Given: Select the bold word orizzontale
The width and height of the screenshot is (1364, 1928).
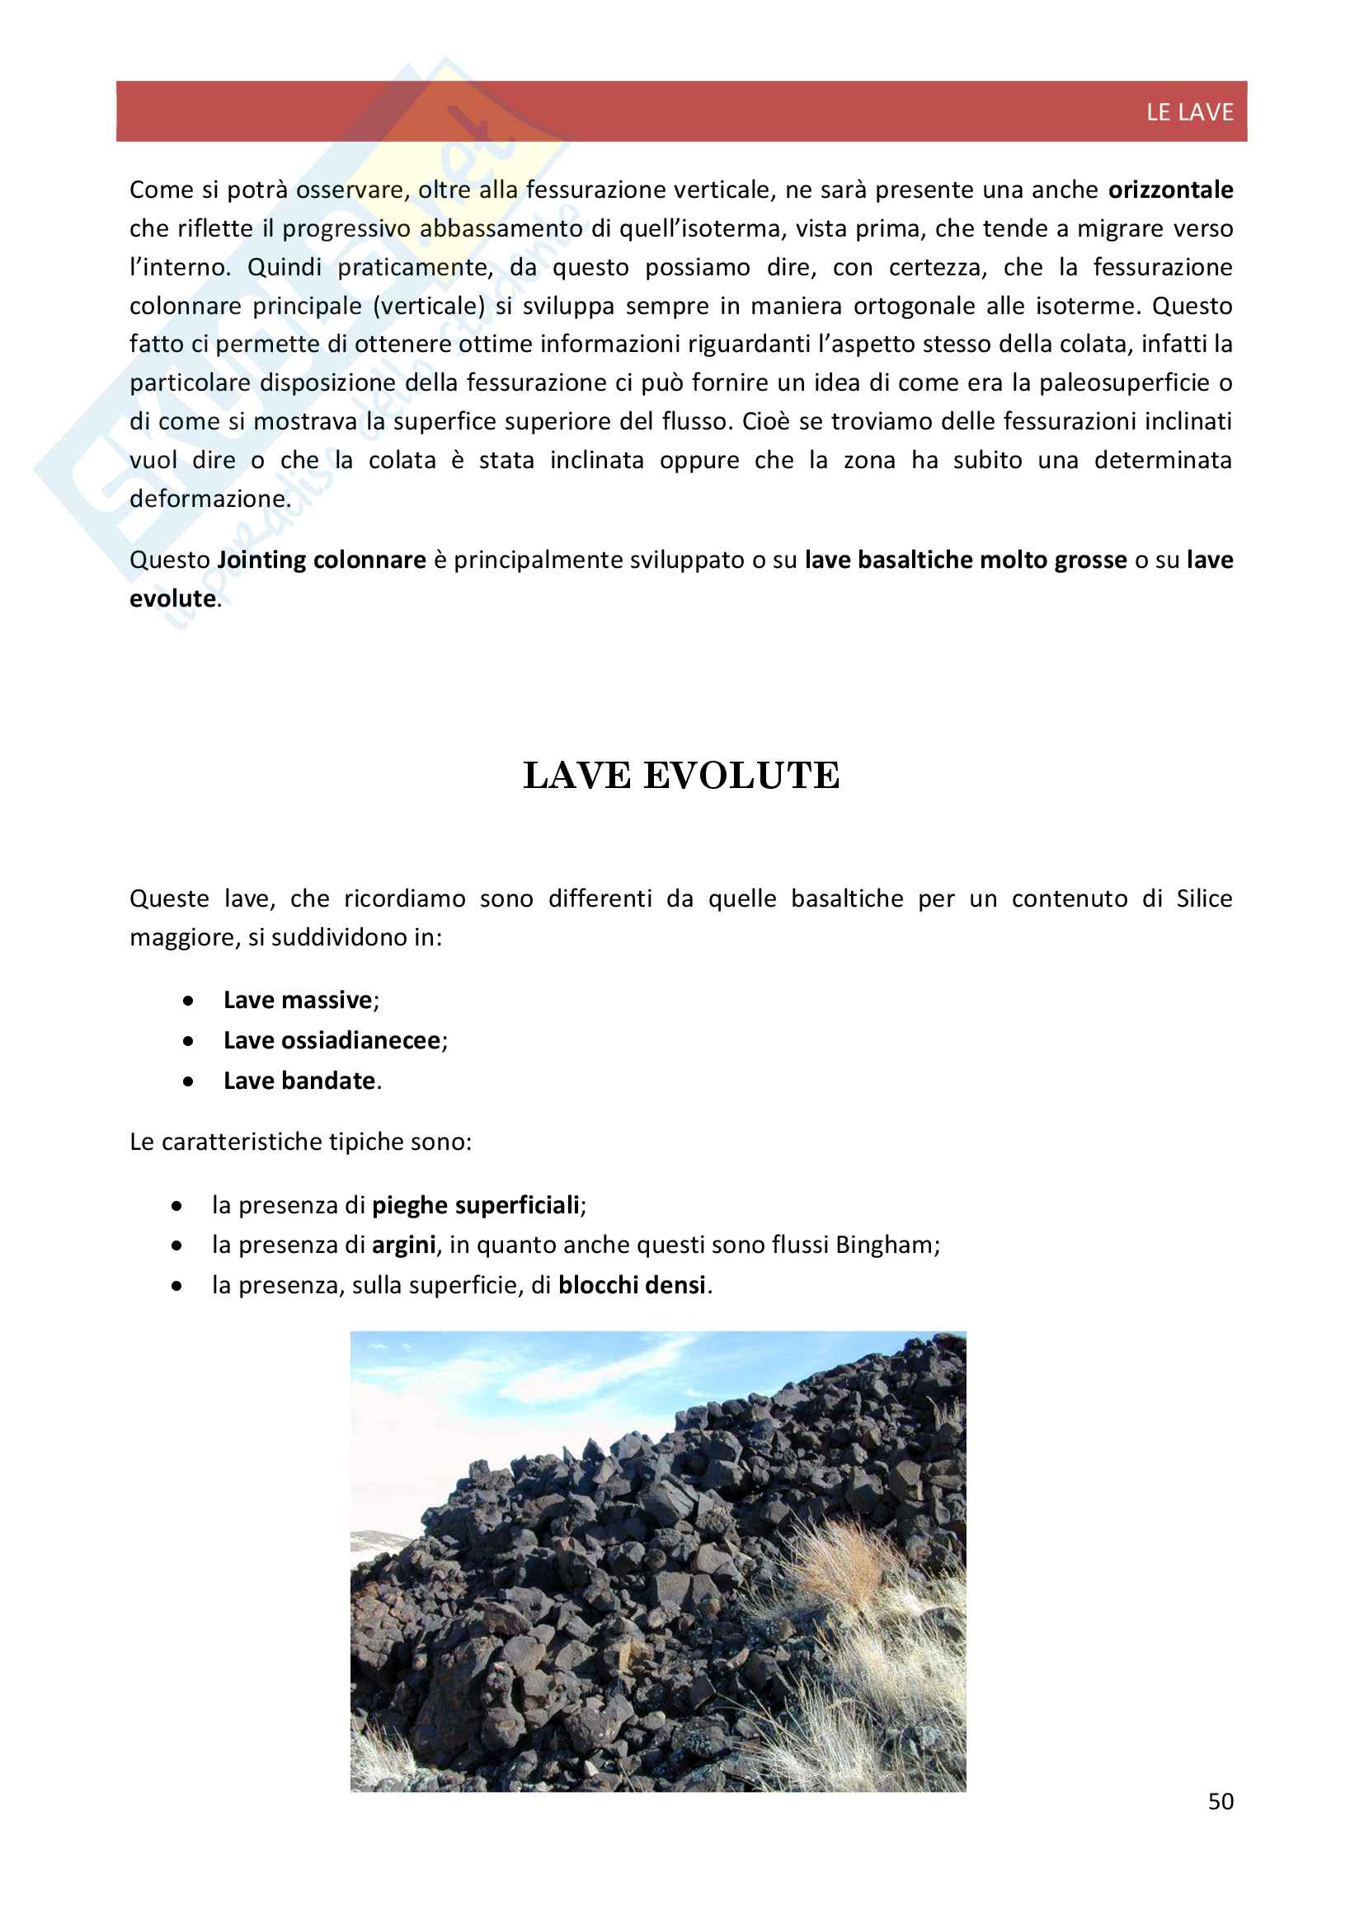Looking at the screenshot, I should [1170, 190].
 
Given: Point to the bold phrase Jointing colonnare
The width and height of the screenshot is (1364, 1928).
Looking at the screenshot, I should [322, 560].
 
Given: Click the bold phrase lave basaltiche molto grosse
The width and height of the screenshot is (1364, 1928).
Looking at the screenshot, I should [965, 560].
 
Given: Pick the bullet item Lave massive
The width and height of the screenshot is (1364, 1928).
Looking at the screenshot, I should [298, 1000].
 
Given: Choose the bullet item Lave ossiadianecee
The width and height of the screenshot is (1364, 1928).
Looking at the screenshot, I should [332, 1040].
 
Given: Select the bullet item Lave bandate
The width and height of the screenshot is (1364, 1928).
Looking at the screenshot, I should [299, 1081].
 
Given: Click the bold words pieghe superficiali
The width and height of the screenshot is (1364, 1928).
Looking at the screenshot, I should [475, 1205].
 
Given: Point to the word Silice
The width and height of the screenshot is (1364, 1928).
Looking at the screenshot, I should [1203, 898].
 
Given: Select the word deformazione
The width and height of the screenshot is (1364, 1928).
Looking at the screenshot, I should [209, 499].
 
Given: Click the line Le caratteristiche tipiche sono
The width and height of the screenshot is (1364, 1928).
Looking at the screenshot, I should [301, 1142].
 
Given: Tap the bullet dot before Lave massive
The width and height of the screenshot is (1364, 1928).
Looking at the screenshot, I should [189, 1001].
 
